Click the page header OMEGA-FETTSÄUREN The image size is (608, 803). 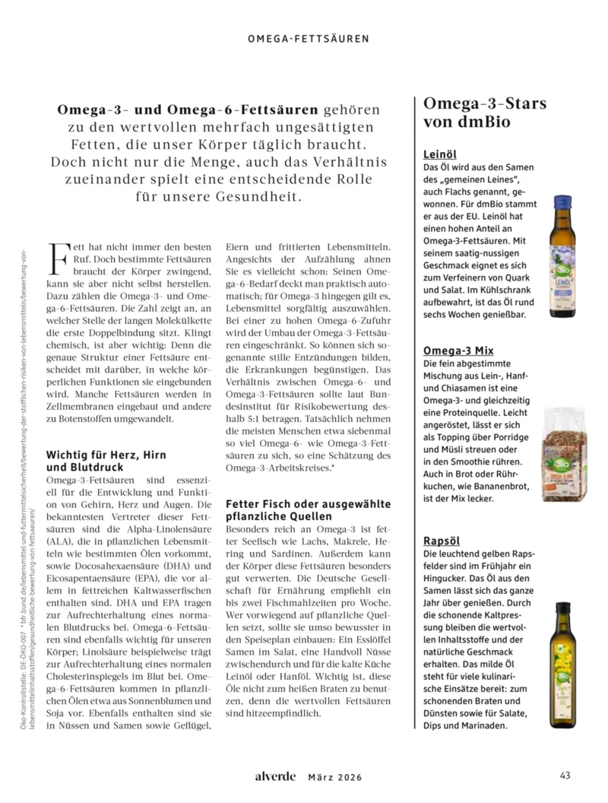[309, 37]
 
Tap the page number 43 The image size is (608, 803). [565, 776]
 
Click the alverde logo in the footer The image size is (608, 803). [275, 776]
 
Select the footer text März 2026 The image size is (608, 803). [335, 777]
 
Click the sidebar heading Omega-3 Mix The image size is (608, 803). [458, 351]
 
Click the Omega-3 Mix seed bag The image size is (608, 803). [563, 454]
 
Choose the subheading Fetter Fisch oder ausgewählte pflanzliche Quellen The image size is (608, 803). [309, 510]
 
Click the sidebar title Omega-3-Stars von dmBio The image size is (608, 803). [484, 112]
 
